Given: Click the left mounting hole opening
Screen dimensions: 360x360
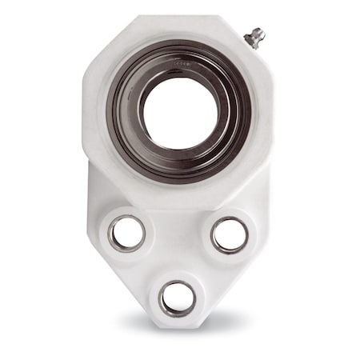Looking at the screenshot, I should coord(127,233).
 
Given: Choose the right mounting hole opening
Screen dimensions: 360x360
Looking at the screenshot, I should coord(230,234).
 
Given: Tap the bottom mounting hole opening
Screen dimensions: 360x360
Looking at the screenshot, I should coord(178,298).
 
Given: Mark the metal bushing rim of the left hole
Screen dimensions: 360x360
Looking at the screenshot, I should coord(112,233).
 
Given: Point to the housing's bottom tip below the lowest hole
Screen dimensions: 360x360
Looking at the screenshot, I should coord(178,324).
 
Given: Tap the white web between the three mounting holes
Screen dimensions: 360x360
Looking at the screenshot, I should coord(178,248).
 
